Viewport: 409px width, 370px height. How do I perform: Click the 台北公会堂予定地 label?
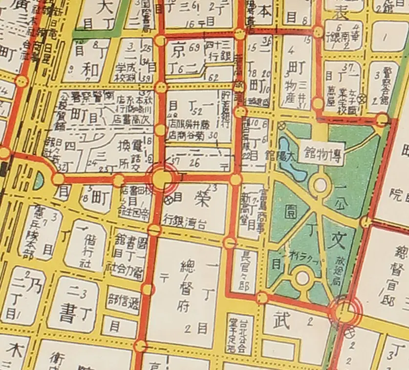(x=239, y=335)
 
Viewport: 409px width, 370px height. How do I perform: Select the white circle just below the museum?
(x=321, y=185)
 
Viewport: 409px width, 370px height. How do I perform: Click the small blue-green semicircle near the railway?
(x=39, y=180)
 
